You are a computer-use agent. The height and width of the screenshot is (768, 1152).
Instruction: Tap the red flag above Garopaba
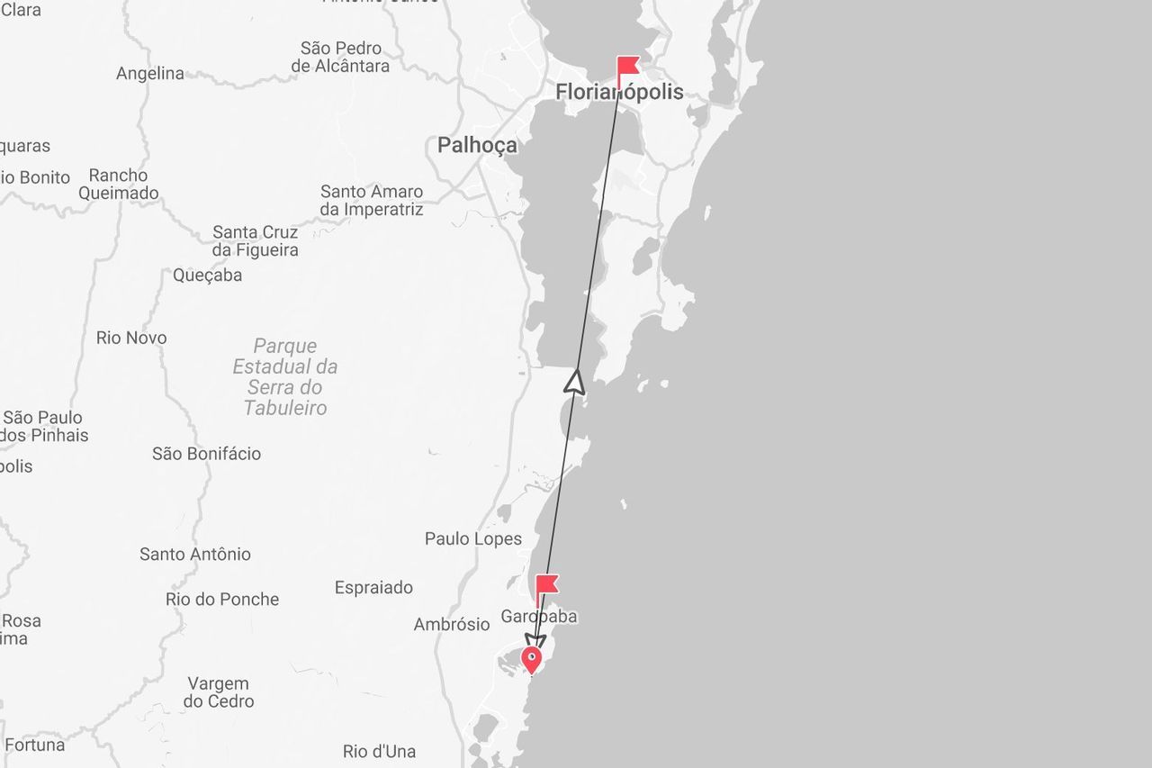[x=546, y=585]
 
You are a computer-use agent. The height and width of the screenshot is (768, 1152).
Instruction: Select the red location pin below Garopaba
[x=532, y=659]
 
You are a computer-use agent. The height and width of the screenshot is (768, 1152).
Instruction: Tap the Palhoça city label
[x=477, y=145]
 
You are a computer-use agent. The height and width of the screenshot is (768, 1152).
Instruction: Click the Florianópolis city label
[x=619, y=92]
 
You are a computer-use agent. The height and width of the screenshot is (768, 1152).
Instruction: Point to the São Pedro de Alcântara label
[x=341, y=57]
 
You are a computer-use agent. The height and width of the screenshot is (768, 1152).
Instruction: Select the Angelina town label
[x=150, y=74]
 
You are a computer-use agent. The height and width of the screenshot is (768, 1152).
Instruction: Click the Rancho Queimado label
[x=118, y=185]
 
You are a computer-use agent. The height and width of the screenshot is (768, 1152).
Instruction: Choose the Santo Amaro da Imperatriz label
[x=372, y=201]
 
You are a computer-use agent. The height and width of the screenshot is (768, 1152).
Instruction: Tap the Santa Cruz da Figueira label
[x=255, y=241]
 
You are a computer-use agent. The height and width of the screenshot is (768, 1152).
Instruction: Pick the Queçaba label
[x=208, y=276]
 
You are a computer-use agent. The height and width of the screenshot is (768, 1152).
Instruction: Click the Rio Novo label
[x=131, y=339]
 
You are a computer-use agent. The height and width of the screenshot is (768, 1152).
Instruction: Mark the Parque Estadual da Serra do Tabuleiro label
[x=285, y=377]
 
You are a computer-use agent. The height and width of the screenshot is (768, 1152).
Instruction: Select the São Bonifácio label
[x=206, y=454]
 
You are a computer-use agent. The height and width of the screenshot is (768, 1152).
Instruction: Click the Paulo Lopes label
[x=473, y=539]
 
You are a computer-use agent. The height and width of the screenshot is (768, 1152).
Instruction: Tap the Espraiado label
[x=373, y=588]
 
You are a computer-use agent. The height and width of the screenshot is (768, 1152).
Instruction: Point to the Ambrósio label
[x=452, y=625]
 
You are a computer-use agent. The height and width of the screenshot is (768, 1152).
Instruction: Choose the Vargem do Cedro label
[x=219, y=692]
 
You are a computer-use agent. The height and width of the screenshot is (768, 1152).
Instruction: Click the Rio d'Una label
[x=379, y=752]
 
